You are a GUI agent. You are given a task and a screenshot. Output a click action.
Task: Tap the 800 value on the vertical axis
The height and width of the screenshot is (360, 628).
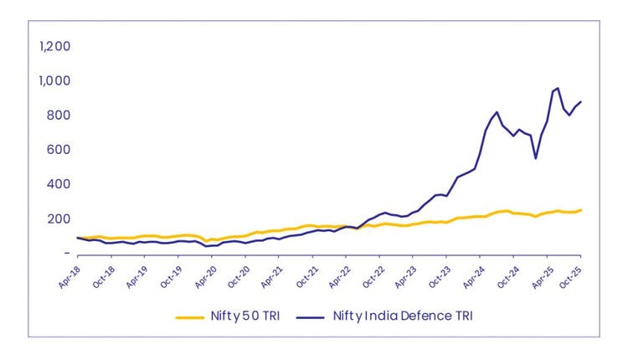(x=58, y=115)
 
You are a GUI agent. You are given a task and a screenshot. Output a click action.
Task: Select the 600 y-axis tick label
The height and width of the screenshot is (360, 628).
(x=58, y=149)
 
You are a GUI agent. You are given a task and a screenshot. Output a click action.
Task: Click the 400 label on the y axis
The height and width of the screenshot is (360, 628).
(x=58, y=183)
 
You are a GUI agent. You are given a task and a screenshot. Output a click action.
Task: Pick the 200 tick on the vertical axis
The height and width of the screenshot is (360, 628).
(x=58, y=219)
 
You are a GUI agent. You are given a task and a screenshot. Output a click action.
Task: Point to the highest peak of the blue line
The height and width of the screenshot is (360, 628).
(x=558, y=88)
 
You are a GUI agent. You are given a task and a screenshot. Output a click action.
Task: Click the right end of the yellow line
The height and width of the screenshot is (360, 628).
(x=581, y=210)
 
